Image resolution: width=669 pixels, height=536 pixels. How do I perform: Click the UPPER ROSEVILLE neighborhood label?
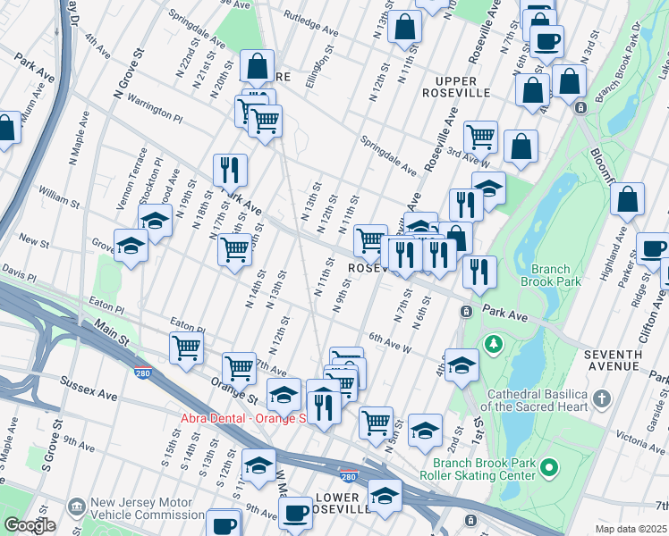tap(450, 86)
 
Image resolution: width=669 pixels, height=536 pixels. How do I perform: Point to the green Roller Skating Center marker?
tap(550, 467)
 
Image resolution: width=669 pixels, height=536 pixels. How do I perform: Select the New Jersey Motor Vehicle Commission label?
tap(147, 509)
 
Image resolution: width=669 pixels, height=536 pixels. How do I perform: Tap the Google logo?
tap(30, 525)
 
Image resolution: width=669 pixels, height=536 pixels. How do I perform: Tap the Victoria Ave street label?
tap(642, 440)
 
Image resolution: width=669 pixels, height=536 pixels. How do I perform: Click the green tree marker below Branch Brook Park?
tap(492, 344)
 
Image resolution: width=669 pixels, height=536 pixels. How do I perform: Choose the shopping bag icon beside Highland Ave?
tap(627, 200)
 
